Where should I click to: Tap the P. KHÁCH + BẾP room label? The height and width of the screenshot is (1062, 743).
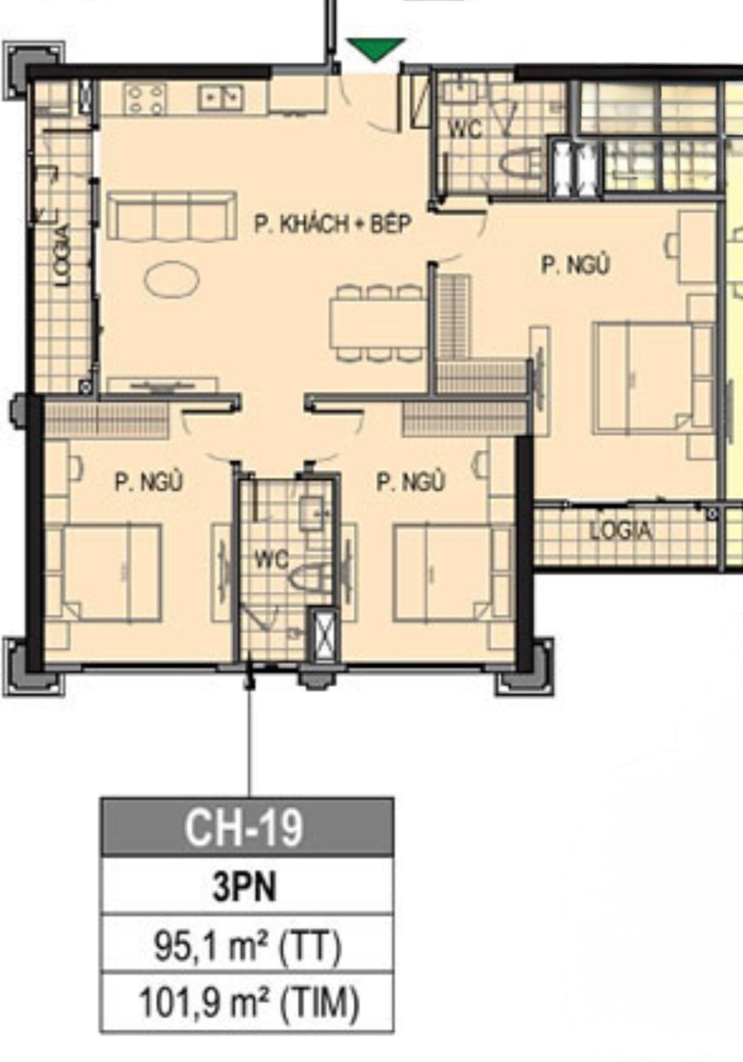[333, 224]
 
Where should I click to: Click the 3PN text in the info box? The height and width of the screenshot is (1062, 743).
[245, 886]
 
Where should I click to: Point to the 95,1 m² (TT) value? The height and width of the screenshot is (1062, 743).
[247, 945]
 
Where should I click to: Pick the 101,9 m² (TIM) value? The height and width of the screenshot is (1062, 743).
[249, 1002]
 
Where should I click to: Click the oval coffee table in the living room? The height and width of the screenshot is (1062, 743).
[172, 280]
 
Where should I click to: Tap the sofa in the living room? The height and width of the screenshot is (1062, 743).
[172, 216]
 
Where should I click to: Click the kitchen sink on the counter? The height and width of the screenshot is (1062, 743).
[221, 97]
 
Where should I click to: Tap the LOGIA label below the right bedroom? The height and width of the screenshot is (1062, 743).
[621, 530]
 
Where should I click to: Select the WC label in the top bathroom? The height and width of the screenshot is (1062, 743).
[465, 129]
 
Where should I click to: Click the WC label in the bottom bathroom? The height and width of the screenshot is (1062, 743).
[272, 559]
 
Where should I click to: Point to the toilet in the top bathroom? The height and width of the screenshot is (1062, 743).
[521, 162]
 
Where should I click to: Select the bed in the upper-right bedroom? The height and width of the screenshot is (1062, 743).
[653, 378]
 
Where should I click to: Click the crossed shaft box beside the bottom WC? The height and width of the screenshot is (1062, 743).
[322, 634]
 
